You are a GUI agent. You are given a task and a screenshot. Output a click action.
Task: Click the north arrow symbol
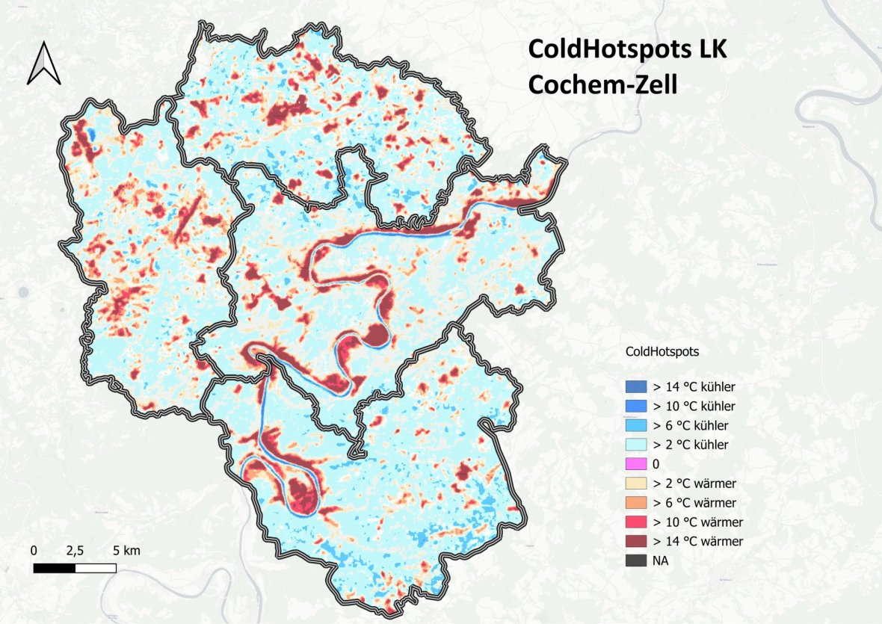[x=44, y=63]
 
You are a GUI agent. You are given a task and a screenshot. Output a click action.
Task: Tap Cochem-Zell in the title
[x=602, y=84]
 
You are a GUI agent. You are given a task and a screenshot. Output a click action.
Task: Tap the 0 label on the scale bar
[x=34, y=551]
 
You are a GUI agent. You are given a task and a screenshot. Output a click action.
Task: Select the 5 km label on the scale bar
[x=126, y=551]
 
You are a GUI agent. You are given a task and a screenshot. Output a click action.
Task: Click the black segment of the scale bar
[x=55, y=568]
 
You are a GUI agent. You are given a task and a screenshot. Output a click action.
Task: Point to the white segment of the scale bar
[x=96, y=568]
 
